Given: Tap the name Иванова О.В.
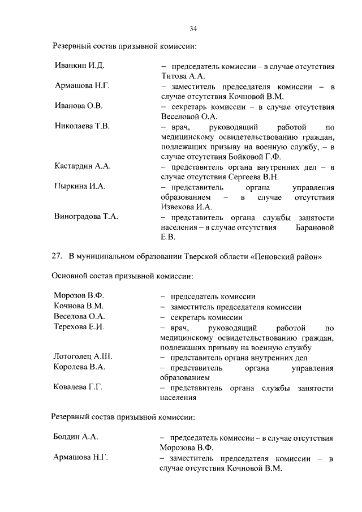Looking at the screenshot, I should [x=79, y=106].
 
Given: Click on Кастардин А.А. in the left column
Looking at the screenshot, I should [x=83, y=166].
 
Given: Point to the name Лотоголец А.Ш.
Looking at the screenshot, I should [x=83, y=357].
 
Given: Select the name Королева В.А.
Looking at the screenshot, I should [x=80, y=367].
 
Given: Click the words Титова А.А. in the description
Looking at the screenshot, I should [x=182, y=75].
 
